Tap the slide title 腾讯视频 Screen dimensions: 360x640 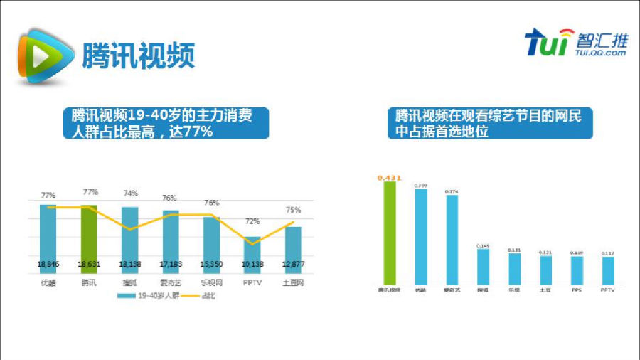(138, 55)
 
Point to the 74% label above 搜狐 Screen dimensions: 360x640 (130, 194)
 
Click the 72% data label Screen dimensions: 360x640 (252, 222)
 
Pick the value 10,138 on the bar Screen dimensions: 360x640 (252, 264)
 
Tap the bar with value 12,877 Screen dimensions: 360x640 (293, 245)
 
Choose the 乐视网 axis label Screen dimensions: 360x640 (212, 282)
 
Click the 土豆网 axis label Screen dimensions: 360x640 (293, 282)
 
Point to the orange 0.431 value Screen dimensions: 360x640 (389, 176)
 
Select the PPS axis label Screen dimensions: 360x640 (577, 290)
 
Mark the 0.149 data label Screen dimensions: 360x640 (483, 245)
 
